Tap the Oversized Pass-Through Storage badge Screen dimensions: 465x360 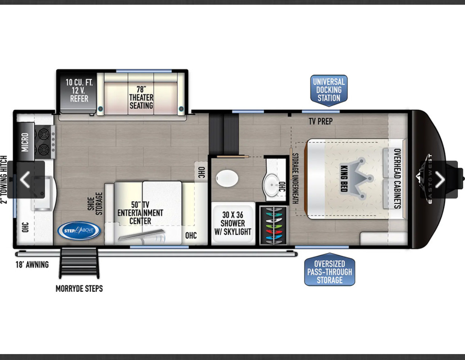(x=329, y=270)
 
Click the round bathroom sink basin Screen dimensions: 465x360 (x=271, y=185)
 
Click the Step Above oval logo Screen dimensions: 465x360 (x=79, y=231)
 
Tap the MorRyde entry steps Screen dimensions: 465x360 (x=79, y=262)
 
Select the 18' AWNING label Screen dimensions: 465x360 (x=32, y=265)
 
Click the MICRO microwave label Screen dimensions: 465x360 (x=25, y=142)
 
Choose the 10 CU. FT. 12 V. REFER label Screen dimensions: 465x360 (x=79, y=90)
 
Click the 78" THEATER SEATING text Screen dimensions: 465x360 (x=141, y=97)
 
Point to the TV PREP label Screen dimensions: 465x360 (x=321, y=121)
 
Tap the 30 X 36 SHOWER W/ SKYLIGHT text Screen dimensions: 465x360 (x=233, y=223)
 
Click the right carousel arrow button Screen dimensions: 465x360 (x=439, y=180)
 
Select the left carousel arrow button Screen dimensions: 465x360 (x=26, y=180)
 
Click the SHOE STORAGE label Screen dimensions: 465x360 (x=95, y=204)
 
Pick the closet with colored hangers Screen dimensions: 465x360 (x=273, y=225)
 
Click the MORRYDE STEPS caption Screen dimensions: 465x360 (x=79, y=289)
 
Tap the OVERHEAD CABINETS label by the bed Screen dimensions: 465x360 (x=398, y=178)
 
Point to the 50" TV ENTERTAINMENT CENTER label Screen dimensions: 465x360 (x=140, y=213)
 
